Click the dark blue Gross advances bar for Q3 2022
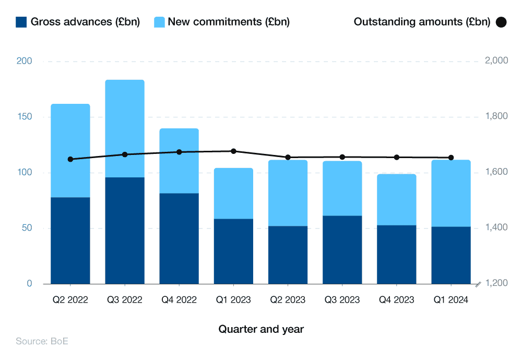coord(125,231)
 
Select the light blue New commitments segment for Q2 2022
coord(70,150)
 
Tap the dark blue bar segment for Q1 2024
coord(451,255)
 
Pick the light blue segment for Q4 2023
coord(397,199)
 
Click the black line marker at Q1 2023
coord(233,151)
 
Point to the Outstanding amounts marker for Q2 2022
coord(70,159)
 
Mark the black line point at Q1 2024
coord(451,158)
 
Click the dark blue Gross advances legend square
coord(21,22)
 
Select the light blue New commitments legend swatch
coord(159,22)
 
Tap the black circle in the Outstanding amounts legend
coord(501,22)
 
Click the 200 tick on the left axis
coord(24,61)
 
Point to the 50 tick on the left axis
coord(26,228)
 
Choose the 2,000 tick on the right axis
coord(496,61)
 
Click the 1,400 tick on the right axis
coord(496,228)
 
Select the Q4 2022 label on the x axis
coord(179,300)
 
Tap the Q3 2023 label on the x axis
coord(342,300)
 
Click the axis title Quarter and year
coord(261,329)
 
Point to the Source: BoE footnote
coord(42,342)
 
